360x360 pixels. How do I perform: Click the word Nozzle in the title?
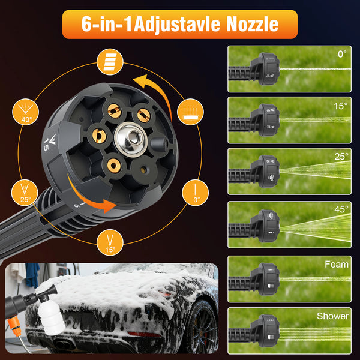252,24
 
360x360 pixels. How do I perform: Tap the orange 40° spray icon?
25,112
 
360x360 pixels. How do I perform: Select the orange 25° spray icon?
25,193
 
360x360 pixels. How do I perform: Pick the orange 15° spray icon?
110,242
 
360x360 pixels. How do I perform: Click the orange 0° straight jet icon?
196,193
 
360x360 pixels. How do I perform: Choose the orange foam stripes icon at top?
110,62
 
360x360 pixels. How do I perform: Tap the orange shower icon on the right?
190,112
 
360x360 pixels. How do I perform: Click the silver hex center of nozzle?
131,139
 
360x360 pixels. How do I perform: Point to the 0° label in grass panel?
342,54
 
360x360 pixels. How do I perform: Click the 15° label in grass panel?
341,106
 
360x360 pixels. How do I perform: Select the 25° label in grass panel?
341,157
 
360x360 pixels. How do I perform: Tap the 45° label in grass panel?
341,209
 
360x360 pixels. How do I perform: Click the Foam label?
337,265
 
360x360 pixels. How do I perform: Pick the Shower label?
332,316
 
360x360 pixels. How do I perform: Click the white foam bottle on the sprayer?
51,317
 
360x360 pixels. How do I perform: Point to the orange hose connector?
14,326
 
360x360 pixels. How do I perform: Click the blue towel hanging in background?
32,275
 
